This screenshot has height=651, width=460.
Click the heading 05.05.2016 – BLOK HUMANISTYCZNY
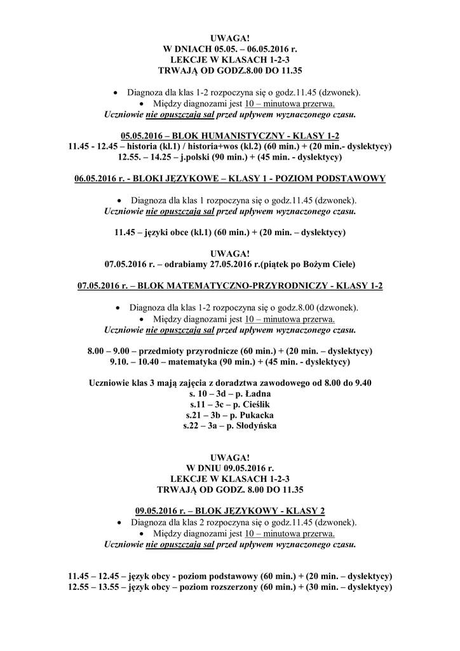point(229,136)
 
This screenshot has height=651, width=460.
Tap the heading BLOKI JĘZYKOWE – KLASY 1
point(229,179)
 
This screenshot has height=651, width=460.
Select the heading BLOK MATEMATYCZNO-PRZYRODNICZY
point(229,286)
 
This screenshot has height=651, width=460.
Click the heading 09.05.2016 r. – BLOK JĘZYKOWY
point(229,511)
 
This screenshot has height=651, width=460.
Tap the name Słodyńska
point(255,425)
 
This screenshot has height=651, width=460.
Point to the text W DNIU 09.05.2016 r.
point(229,468)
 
